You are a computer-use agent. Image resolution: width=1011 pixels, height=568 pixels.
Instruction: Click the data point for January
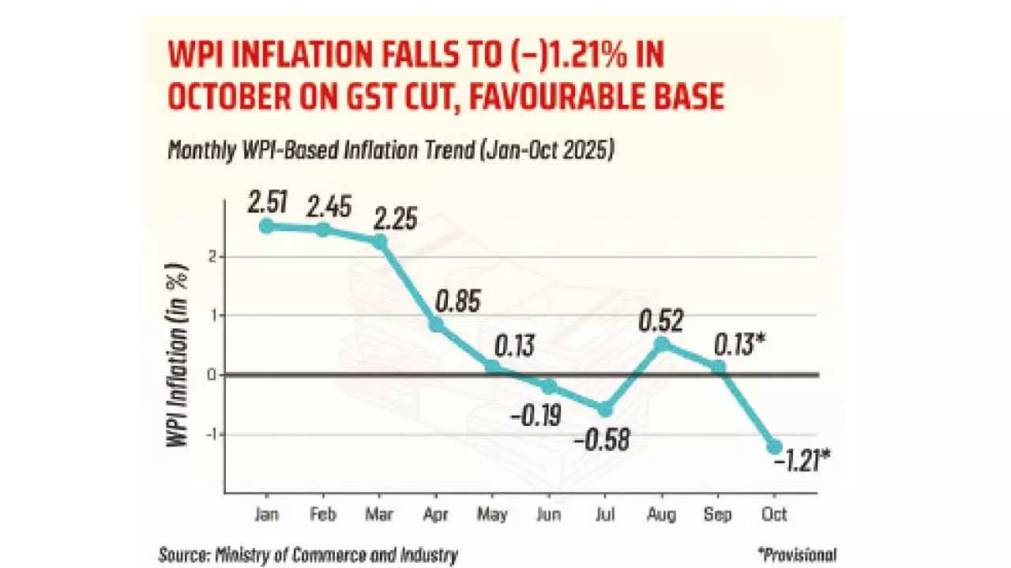(267, 226)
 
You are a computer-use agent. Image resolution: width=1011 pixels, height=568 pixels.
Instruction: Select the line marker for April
(436, 324)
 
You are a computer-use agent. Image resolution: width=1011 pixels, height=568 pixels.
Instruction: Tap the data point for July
(605, 409)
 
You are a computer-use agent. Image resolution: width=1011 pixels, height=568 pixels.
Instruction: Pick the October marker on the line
(774, 447)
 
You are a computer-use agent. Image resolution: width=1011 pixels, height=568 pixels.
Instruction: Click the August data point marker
(662, 344)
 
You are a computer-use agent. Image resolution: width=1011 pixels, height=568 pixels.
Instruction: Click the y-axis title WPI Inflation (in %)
(179, 359)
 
